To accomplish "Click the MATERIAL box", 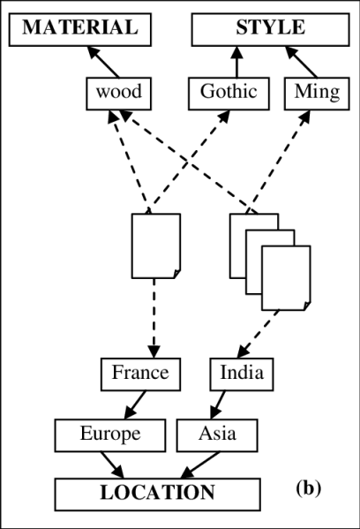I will coord(80,28).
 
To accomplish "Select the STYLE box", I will coord(269,28).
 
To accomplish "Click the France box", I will coord(139,373).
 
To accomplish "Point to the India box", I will coord(241,373).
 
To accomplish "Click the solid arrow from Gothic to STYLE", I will coord(236,62).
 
